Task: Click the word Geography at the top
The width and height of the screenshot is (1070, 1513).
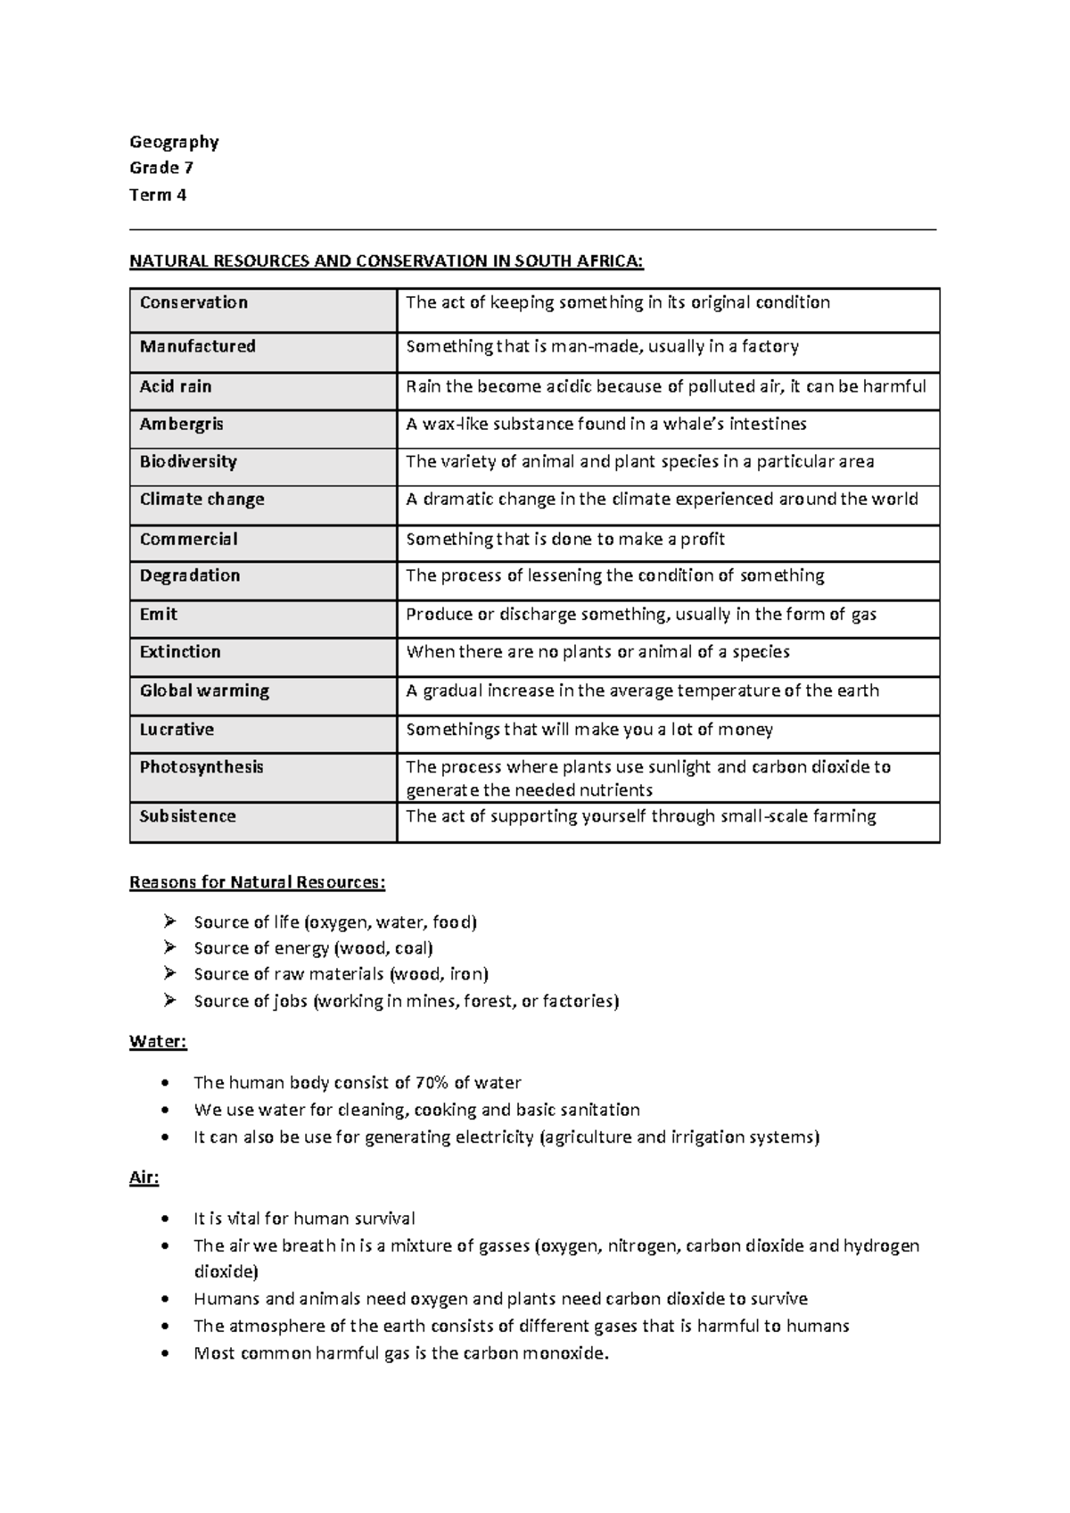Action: point(174,142)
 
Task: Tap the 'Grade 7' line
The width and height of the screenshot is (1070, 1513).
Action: point(161,168)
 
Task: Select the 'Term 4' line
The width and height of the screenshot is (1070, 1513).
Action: point(158,194)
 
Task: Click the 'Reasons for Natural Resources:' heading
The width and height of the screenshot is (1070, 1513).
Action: point(258,882)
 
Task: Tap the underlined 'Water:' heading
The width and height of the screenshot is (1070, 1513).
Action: point(158,1042)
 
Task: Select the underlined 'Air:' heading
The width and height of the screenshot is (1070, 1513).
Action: point(144,1178)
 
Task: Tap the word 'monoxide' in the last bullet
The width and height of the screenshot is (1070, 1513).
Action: point(564,1353)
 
